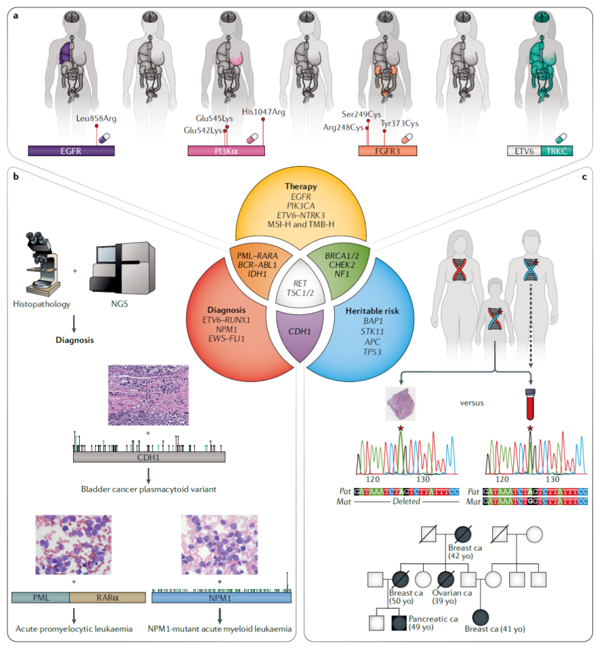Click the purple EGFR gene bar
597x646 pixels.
tap(71, 150)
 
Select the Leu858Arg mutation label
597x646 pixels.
tap(98, 119)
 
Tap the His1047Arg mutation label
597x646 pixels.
tap(263, 112)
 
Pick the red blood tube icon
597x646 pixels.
tap(529, 403)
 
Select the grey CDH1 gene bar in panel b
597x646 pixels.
tap(149, 456)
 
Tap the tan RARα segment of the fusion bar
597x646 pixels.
tap(107, 598)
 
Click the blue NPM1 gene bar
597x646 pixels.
tap(221, 598)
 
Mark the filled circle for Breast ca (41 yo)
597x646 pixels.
tap(481, 618)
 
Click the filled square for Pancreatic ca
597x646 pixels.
tap(397, 621)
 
